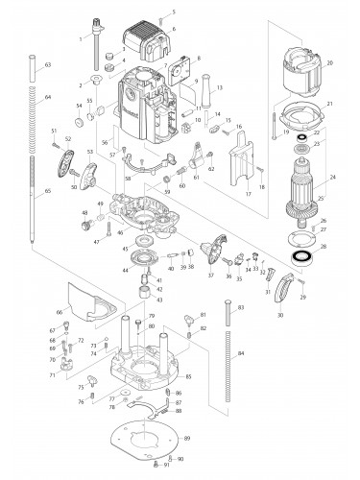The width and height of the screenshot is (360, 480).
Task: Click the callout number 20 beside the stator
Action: pos(329,63)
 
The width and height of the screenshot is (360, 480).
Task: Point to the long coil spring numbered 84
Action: pos(227,355)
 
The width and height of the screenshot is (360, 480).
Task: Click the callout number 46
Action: pos(119,232)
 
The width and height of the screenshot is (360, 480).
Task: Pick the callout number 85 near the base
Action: pos(188,375)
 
